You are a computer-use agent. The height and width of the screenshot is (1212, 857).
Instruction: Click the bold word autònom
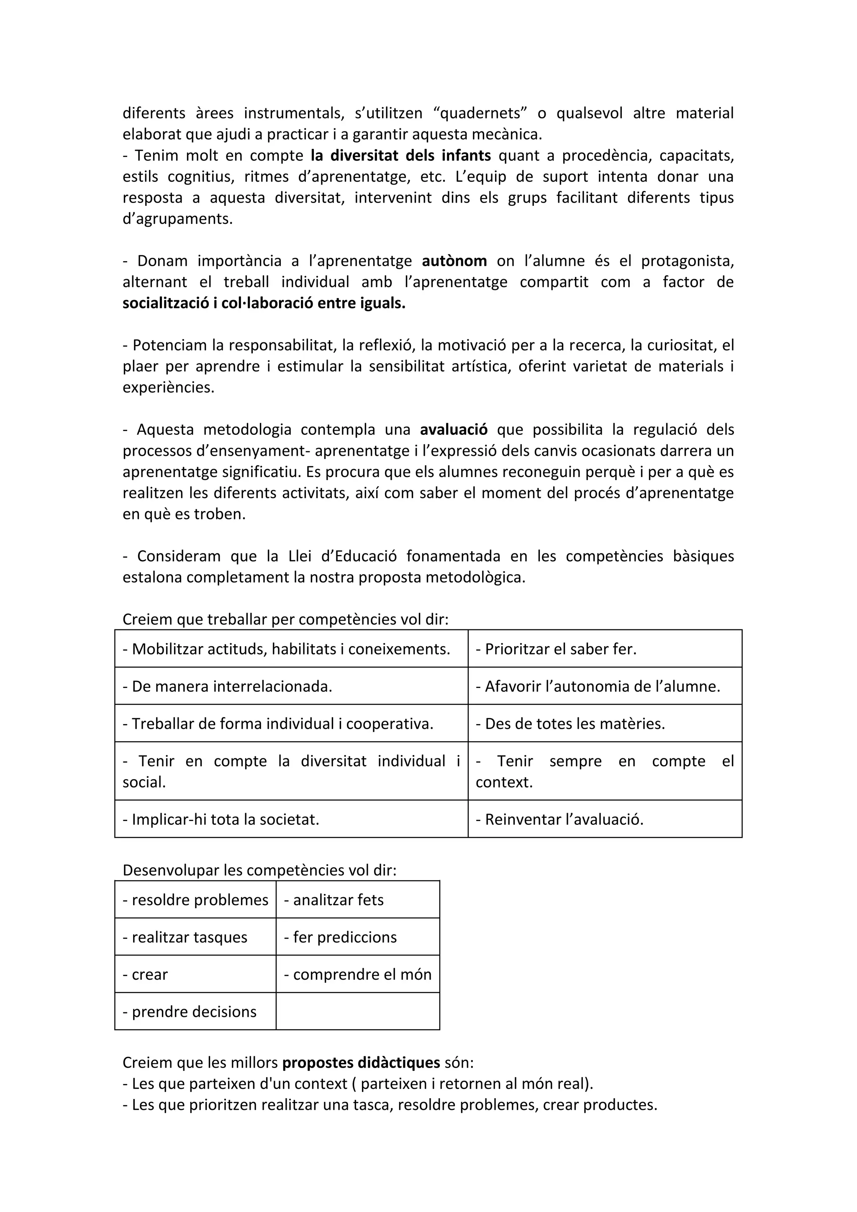click(x=454, y=261)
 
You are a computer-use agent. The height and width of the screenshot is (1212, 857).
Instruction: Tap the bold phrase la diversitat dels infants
click(x=400, y=156)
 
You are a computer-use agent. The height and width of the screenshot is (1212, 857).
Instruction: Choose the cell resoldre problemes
click(x=196, y=900)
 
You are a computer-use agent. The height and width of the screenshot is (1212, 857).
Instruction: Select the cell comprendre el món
click(x=358, y=974)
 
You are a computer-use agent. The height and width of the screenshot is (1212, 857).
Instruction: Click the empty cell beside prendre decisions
click(x=358, y=1012)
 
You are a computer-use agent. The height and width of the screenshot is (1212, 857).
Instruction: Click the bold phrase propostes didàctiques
click(x=361, y=1063)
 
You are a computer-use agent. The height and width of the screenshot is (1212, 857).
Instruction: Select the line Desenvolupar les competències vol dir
click(x=259, y=870)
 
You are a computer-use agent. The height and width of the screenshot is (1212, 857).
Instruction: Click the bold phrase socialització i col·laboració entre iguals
click(x=264, y=303)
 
